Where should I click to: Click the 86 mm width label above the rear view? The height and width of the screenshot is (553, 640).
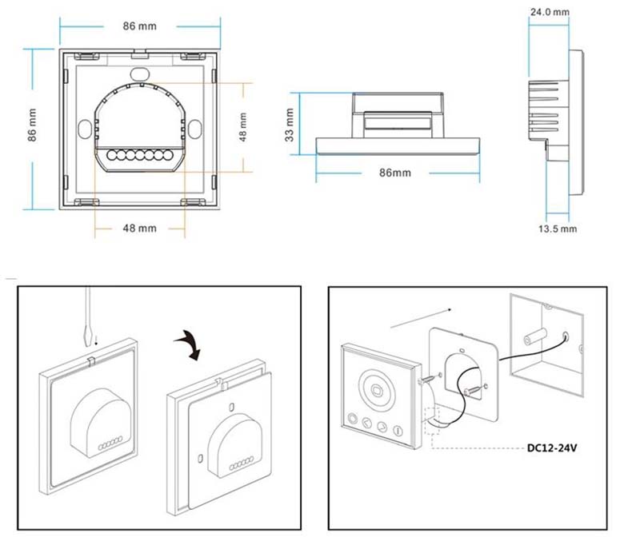coord(141,26)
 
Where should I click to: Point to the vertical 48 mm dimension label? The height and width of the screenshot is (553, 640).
coord(242,126)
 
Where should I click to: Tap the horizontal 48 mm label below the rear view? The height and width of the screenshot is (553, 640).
coord(139,229)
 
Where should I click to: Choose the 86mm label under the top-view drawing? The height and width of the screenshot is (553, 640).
coord(394,173)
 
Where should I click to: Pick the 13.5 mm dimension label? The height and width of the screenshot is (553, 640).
coord(557,229)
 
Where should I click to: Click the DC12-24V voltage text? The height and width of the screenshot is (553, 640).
coord(552,448)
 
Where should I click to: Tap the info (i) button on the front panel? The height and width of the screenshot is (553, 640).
coord(398,432)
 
